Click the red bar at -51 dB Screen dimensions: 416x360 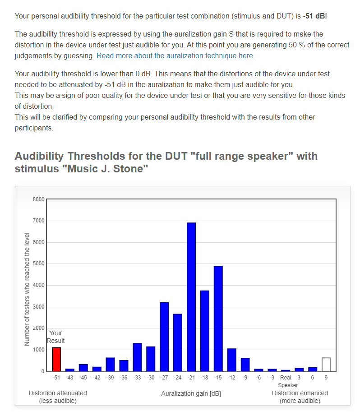click(56, 359)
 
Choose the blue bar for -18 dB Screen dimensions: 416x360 click(205, 331)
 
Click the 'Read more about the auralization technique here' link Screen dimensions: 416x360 click(175, 56)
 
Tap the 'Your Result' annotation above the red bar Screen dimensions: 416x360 click(56, 337)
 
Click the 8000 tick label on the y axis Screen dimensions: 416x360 click(39, 199)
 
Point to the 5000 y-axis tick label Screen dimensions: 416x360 click(39, 264)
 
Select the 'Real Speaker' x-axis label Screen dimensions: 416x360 click(286, 381)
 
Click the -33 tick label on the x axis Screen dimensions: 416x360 click(137, 378)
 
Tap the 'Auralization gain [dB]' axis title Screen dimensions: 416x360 click(191, 394)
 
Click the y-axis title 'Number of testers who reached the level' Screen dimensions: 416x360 click(27, 289)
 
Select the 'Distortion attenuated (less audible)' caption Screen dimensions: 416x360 click(58, 397)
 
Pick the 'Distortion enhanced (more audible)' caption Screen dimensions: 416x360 click(300, 397)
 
